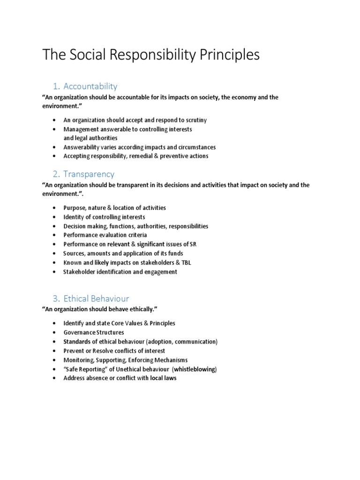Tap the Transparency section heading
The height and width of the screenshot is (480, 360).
89,174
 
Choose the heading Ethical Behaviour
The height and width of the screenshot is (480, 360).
96,299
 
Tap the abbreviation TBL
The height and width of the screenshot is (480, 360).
185,262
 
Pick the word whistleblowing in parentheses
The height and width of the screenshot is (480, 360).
195,369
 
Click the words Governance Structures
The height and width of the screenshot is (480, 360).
94,332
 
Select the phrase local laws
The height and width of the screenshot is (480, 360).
163,378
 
